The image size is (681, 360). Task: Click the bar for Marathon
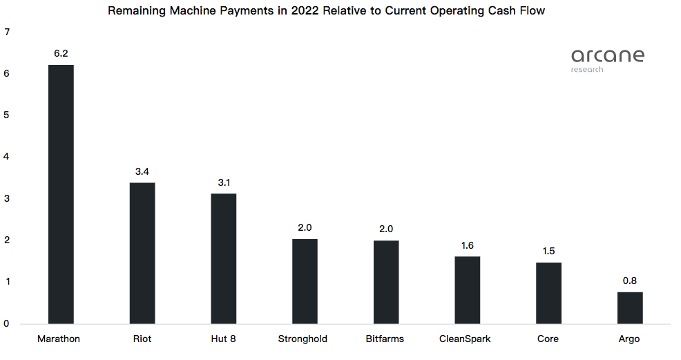[x=61, y=194]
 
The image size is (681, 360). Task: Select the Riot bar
[x=142, y=253]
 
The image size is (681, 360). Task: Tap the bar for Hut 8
[x=224, y=258]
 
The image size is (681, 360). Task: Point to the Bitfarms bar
[x=386, y=282]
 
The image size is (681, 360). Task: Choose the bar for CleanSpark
[x=468, y=290]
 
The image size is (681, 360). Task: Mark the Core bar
[x=548, y=293]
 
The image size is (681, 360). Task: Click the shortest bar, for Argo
[x=630, y=307]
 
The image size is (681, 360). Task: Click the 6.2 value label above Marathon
[x=61, y=53]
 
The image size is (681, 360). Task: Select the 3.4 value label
[x=142, y=171]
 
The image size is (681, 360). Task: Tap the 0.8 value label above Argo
[x=630, y=281]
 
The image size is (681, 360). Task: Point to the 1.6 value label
[x=468, y=245]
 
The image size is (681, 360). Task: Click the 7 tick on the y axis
[x=6, y=32]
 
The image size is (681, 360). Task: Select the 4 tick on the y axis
[x=6, y=157]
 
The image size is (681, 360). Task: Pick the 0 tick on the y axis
[x=6, y=323]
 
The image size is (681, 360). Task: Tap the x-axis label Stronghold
[x=303, y=339]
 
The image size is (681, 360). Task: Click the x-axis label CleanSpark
[x=465, y=339]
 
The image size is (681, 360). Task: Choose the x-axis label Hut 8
[x=223, y=339]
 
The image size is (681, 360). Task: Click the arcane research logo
[x=607, y=59]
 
